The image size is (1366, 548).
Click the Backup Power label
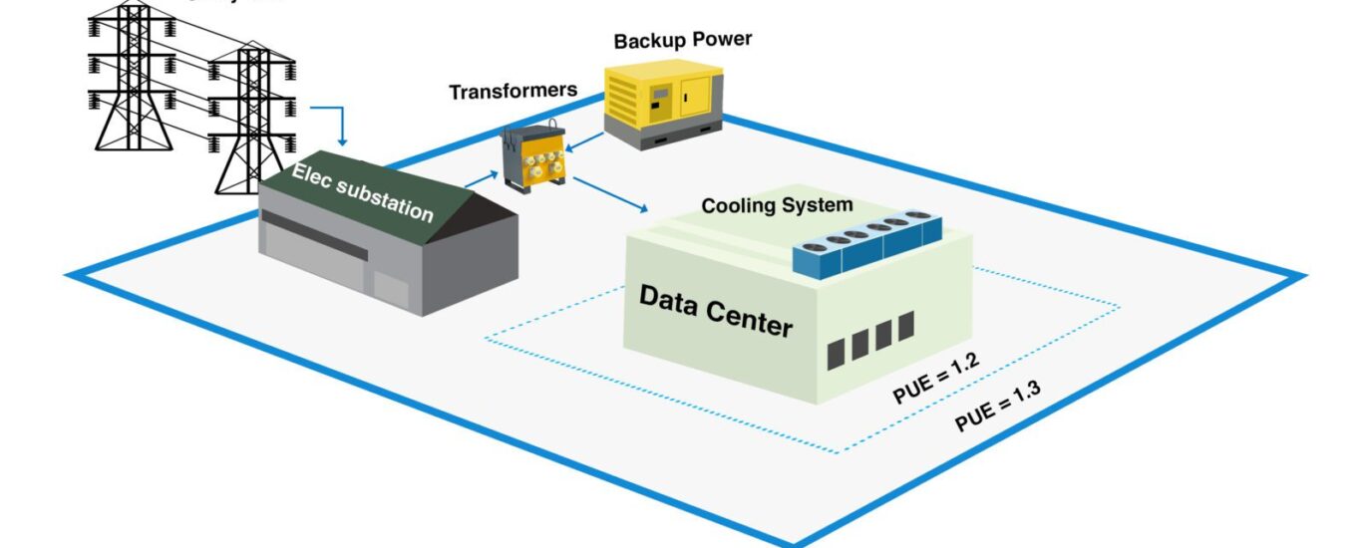click(x=682, y=41)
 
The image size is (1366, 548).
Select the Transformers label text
click(x=512, y=92)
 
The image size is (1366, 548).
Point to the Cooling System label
click(x=777, y=206)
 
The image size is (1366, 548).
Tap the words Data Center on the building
click(x=715, y=310)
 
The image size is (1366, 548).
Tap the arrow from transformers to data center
click(x=610, y=195)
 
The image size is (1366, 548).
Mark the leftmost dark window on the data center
click(x=836, y=353)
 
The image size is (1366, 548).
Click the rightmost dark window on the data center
click(x=905, y=325)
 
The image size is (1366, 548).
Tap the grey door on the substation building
click(x=391, y=288)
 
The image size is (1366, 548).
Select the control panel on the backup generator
click(x=660, y=99)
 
